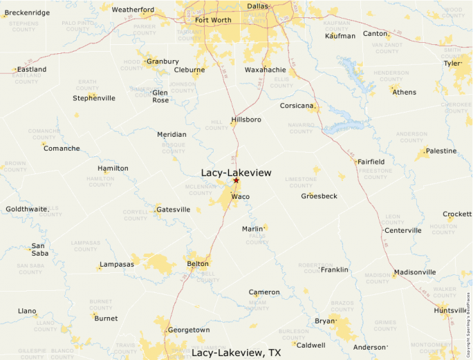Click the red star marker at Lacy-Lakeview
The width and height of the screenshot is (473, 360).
(x=236, y=180)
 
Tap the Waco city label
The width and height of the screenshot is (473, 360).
(x=240, y=197)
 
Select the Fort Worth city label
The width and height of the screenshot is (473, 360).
(x=213, y=20)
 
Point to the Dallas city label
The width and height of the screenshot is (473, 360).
(x=257, y=6)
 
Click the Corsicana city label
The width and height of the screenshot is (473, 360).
(x=297, y=106)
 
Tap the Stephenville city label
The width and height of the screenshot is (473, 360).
(x=94, y=98)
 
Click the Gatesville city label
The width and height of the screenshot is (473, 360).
(x=173, y=209)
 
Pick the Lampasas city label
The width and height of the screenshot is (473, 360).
(x=116, y=265)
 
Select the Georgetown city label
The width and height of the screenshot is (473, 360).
(x=189, y=330)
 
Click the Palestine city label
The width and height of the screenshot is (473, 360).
(x=440, y=151)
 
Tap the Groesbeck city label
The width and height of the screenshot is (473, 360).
(x=319, y=196)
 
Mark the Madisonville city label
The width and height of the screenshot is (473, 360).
(x=415, y=272)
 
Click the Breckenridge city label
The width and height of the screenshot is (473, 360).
(x=27, y=12)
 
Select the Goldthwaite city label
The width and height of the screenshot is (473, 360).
(x=26, y=209)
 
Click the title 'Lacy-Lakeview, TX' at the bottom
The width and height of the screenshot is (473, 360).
(x=236, y=352)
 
